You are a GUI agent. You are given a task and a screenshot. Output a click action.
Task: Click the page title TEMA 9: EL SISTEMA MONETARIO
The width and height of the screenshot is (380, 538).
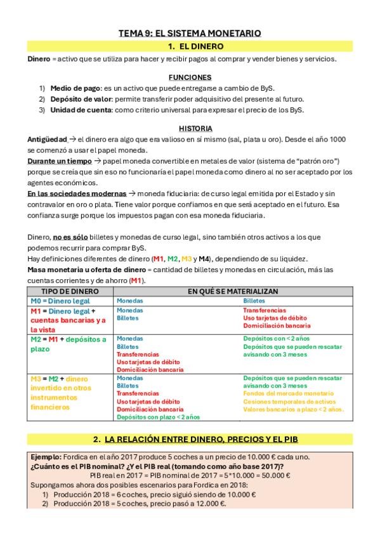tap(190, 33)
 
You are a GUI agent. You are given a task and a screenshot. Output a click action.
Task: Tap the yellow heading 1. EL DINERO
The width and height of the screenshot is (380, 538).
tap(190, 46)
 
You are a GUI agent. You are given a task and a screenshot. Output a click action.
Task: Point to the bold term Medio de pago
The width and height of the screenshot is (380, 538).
tap(72, 88)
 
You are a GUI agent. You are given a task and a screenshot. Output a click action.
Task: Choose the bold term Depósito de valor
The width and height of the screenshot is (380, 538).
tap(81, 98)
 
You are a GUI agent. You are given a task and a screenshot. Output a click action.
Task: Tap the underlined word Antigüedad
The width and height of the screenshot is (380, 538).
tap(47, 139)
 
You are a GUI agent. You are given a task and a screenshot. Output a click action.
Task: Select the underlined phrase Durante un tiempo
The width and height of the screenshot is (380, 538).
tap(55, 161)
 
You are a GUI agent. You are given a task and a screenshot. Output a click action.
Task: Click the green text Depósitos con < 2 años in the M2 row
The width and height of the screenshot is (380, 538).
tap(277, 339)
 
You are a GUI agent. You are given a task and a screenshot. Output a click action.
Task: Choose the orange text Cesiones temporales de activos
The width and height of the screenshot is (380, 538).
tap(289, 402)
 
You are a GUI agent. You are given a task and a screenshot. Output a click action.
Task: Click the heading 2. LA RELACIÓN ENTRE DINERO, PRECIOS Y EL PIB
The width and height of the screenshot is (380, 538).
tap(190, 439)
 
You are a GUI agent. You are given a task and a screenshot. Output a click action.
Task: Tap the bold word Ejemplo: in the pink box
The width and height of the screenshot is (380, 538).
tap(46, 457)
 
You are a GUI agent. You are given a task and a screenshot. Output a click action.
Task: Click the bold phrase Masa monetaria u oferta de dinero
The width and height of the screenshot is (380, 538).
tap(77, 270)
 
